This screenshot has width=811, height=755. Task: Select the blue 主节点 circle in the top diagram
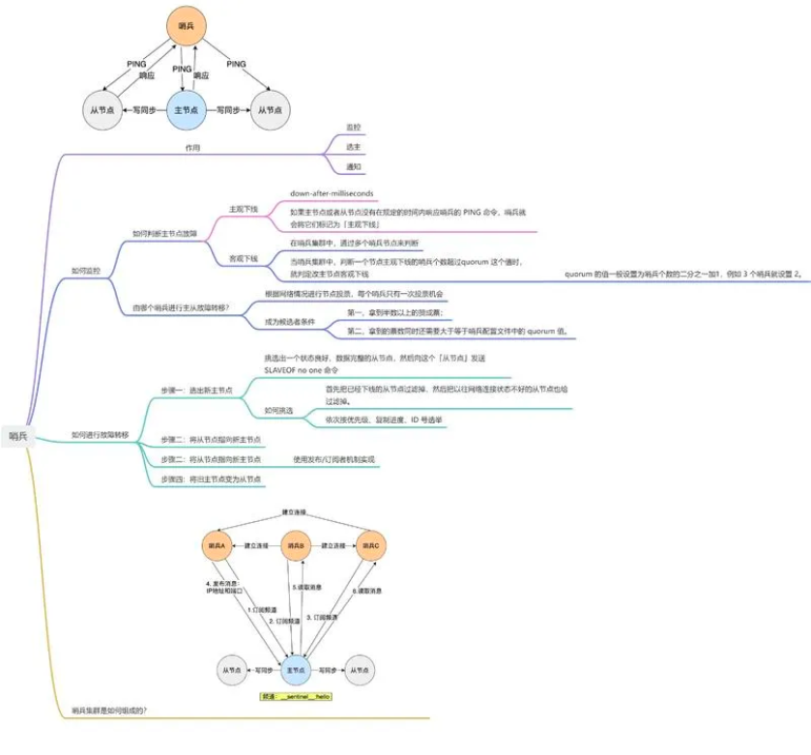[x=186, y=110]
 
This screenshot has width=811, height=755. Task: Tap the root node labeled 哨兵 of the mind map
[x=18, y=437]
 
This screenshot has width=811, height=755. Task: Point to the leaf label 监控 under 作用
[x=353, y=128]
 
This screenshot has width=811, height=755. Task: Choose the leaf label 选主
[x=353, y=147]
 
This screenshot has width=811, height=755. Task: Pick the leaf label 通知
[x=353, y=166]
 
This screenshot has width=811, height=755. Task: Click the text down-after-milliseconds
[x=332, y=193]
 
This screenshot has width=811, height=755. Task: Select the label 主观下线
[x=244, y=209]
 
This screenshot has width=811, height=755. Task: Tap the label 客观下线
[x=244, y=258]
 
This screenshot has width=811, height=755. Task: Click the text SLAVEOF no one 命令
[x=301, y=370]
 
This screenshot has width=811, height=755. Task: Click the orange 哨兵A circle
[x=217, y=547]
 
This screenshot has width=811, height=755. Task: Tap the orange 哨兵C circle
[x=371, y=547]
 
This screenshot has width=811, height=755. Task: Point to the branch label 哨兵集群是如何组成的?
[x=109, y=711]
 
